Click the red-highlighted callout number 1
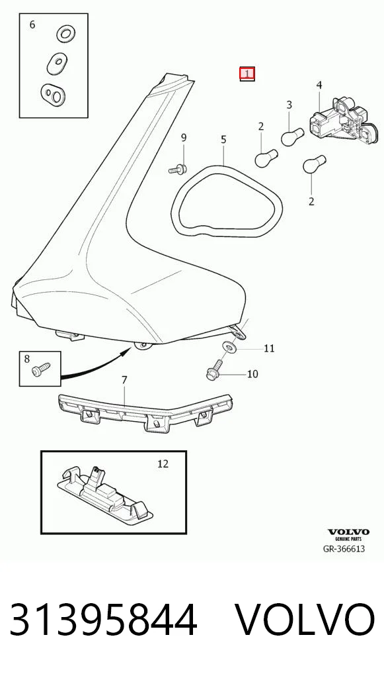click(x=247, y=74)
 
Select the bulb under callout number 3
click(x=293, y=136)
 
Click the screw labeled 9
click(x=178, y=169)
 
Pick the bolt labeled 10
click(x=215, y=371)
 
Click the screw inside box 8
click(x=41, y=369)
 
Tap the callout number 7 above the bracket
click(x=124, y=380)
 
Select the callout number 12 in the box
click(x=163, y=464)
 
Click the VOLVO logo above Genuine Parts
click(x=348, y=532)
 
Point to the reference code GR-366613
click(x=344, y=548)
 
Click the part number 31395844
click(x=103, y=620)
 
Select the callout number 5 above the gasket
click(x=223, y=140)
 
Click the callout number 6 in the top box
click(x=32, y=24)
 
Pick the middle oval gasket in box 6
click(x=58, y=63)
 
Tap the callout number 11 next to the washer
click(x=268, y=348)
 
